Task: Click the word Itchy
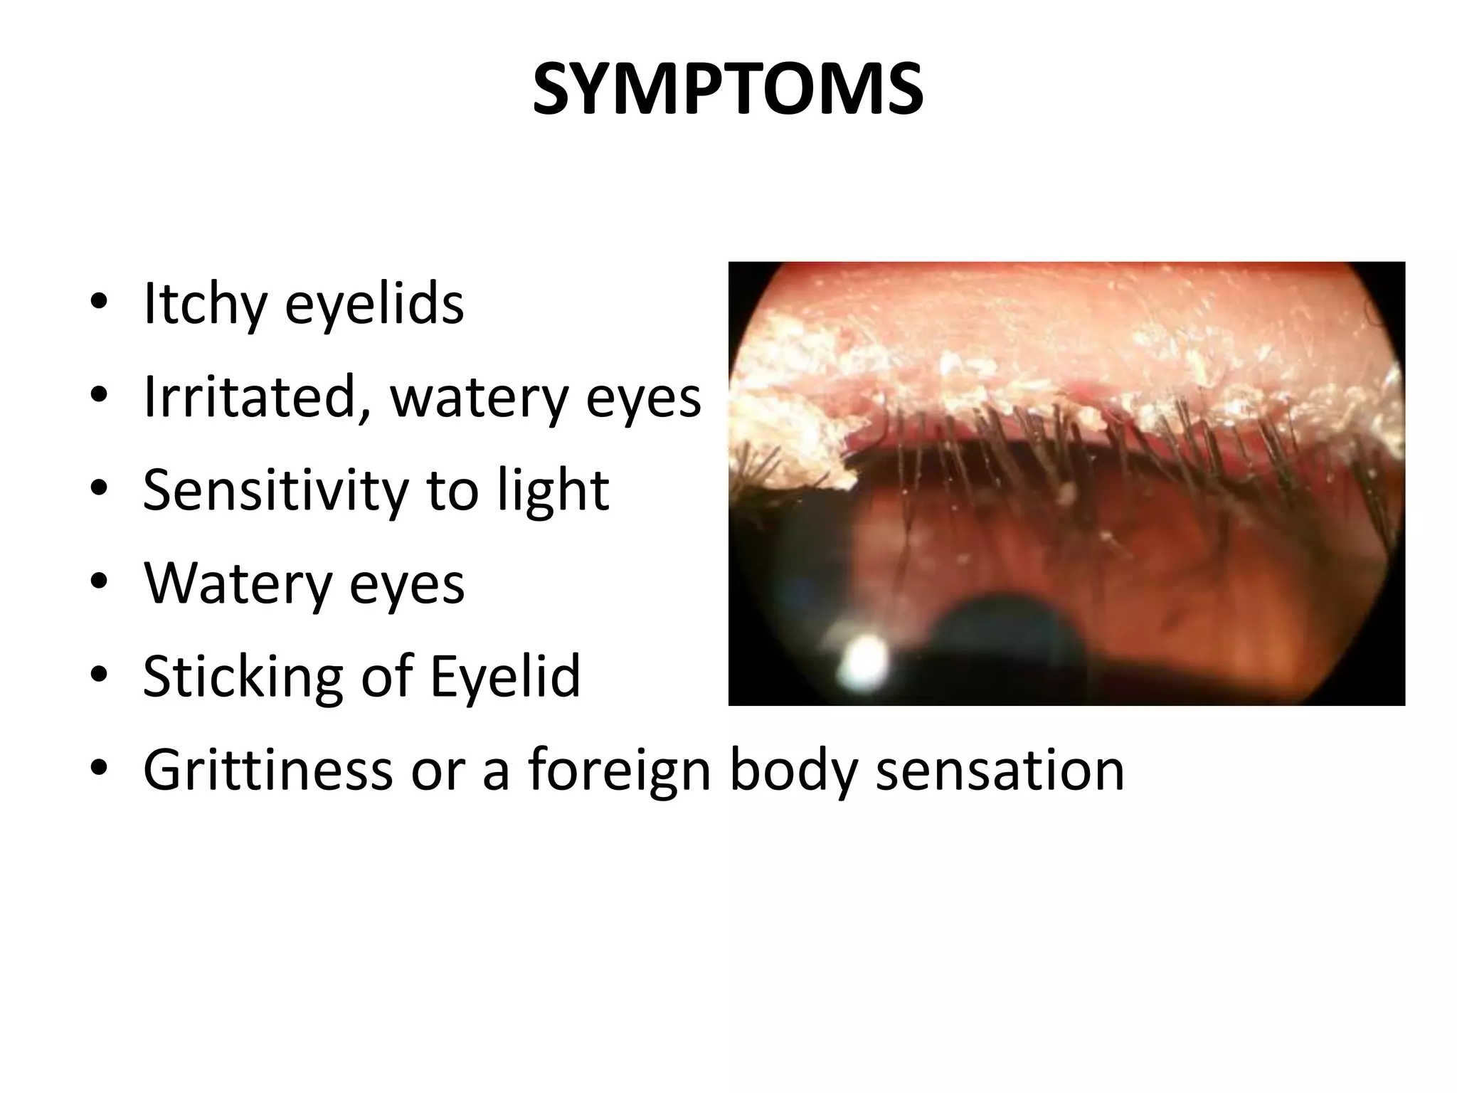[x=202, y=304]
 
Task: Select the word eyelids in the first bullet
[x=374, y=304]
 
